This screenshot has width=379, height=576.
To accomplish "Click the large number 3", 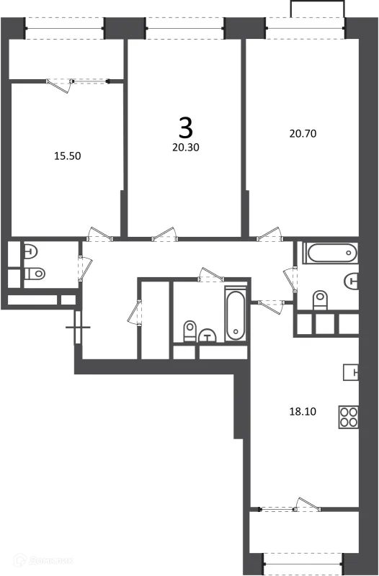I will [x=185, y=127].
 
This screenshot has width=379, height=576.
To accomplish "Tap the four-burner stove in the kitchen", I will [x=349, y=418].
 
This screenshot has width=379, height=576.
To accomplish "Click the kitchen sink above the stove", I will [x=350, y=372].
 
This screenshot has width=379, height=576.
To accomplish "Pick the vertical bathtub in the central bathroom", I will [x=235, y=316].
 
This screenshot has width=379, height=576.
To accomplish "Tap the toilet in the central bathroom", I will [x=189, y=331].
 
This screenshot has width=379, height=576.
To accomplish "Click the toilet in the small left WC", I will [x=34, y=274].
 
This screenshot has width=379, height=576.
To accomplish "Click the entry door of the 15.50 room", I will [x=98, y=234].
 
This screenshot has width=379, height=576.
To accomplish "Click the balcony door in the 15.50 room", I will [x=61, y=84].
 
